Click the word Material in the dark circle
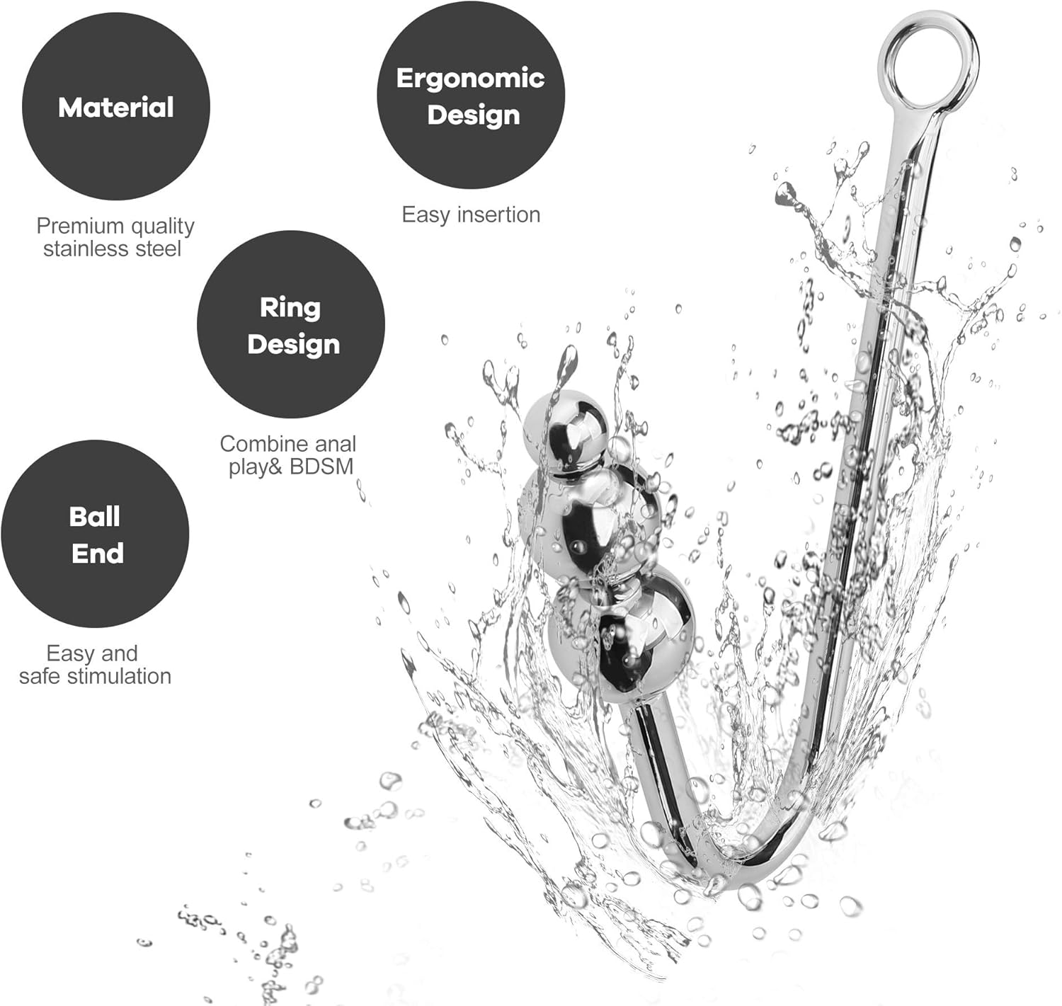115,107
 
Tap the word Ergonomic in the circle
471,79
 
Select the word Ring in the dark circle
290,308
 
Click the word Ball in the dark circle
94,517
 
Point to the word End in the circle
98,553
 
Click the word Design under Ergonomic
473,115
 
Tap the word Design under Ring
293,344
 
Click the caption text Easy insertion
471,215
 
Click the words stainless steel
113,249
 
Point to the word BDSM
321,467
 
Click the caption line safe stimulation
95,676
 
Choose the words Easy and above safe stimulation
92,653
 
